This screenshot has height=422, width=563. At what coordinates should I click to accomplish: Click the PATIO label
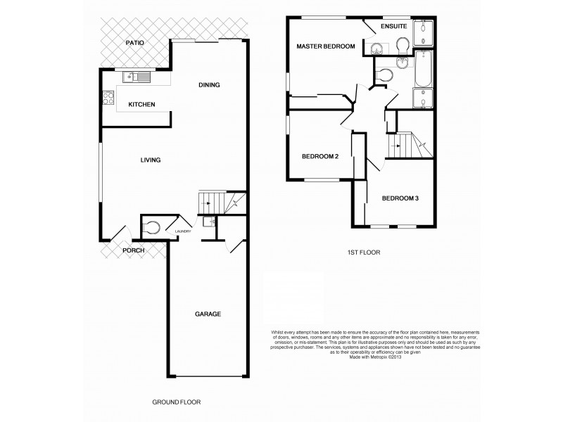tap(134, 43)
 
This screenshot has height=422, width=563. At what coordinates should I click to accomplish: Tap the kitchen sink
tap(137, 77)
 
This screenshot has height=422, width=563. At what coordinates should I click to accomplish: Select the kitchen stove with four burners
tap(110, 98)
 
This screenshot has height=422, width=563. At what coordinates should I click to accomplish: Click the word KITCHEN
tap(141, 105)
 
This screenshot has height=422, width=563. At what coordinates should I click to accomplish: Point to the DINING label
tap(209, 85)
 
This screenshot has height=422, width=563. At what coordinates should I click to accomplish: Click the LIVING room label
tap(151, 160)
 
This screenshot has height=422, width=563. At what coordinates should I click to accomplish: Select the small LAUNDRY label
tap(184, 231)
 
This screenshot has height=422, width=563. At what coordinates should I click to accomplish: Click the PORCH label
tap(134, 250)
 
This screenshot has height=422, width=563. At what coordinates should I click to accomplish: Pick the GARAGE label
tap(208, 314)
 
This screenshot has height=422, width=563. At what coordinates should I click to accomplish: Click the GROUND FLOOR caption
tap(176, 402)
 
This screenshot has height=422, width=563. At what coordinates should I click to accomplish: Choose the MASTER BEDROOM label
tap(326, 46)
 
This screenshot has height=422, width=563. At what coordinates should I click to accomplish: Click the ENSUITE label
tap(393, 27)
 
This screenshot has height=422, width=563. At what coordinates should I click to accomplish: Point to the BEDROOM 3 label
tap(400, 198)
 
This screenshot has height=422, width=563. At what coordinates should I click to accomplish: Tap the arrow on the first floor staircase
tap(396, 146)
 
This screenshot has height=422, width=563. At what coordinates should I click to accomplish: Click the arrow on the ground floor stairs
tap(205, 203)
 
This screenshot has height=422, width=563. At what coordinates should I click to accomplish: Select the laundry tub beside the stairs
tap(208, 222)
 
